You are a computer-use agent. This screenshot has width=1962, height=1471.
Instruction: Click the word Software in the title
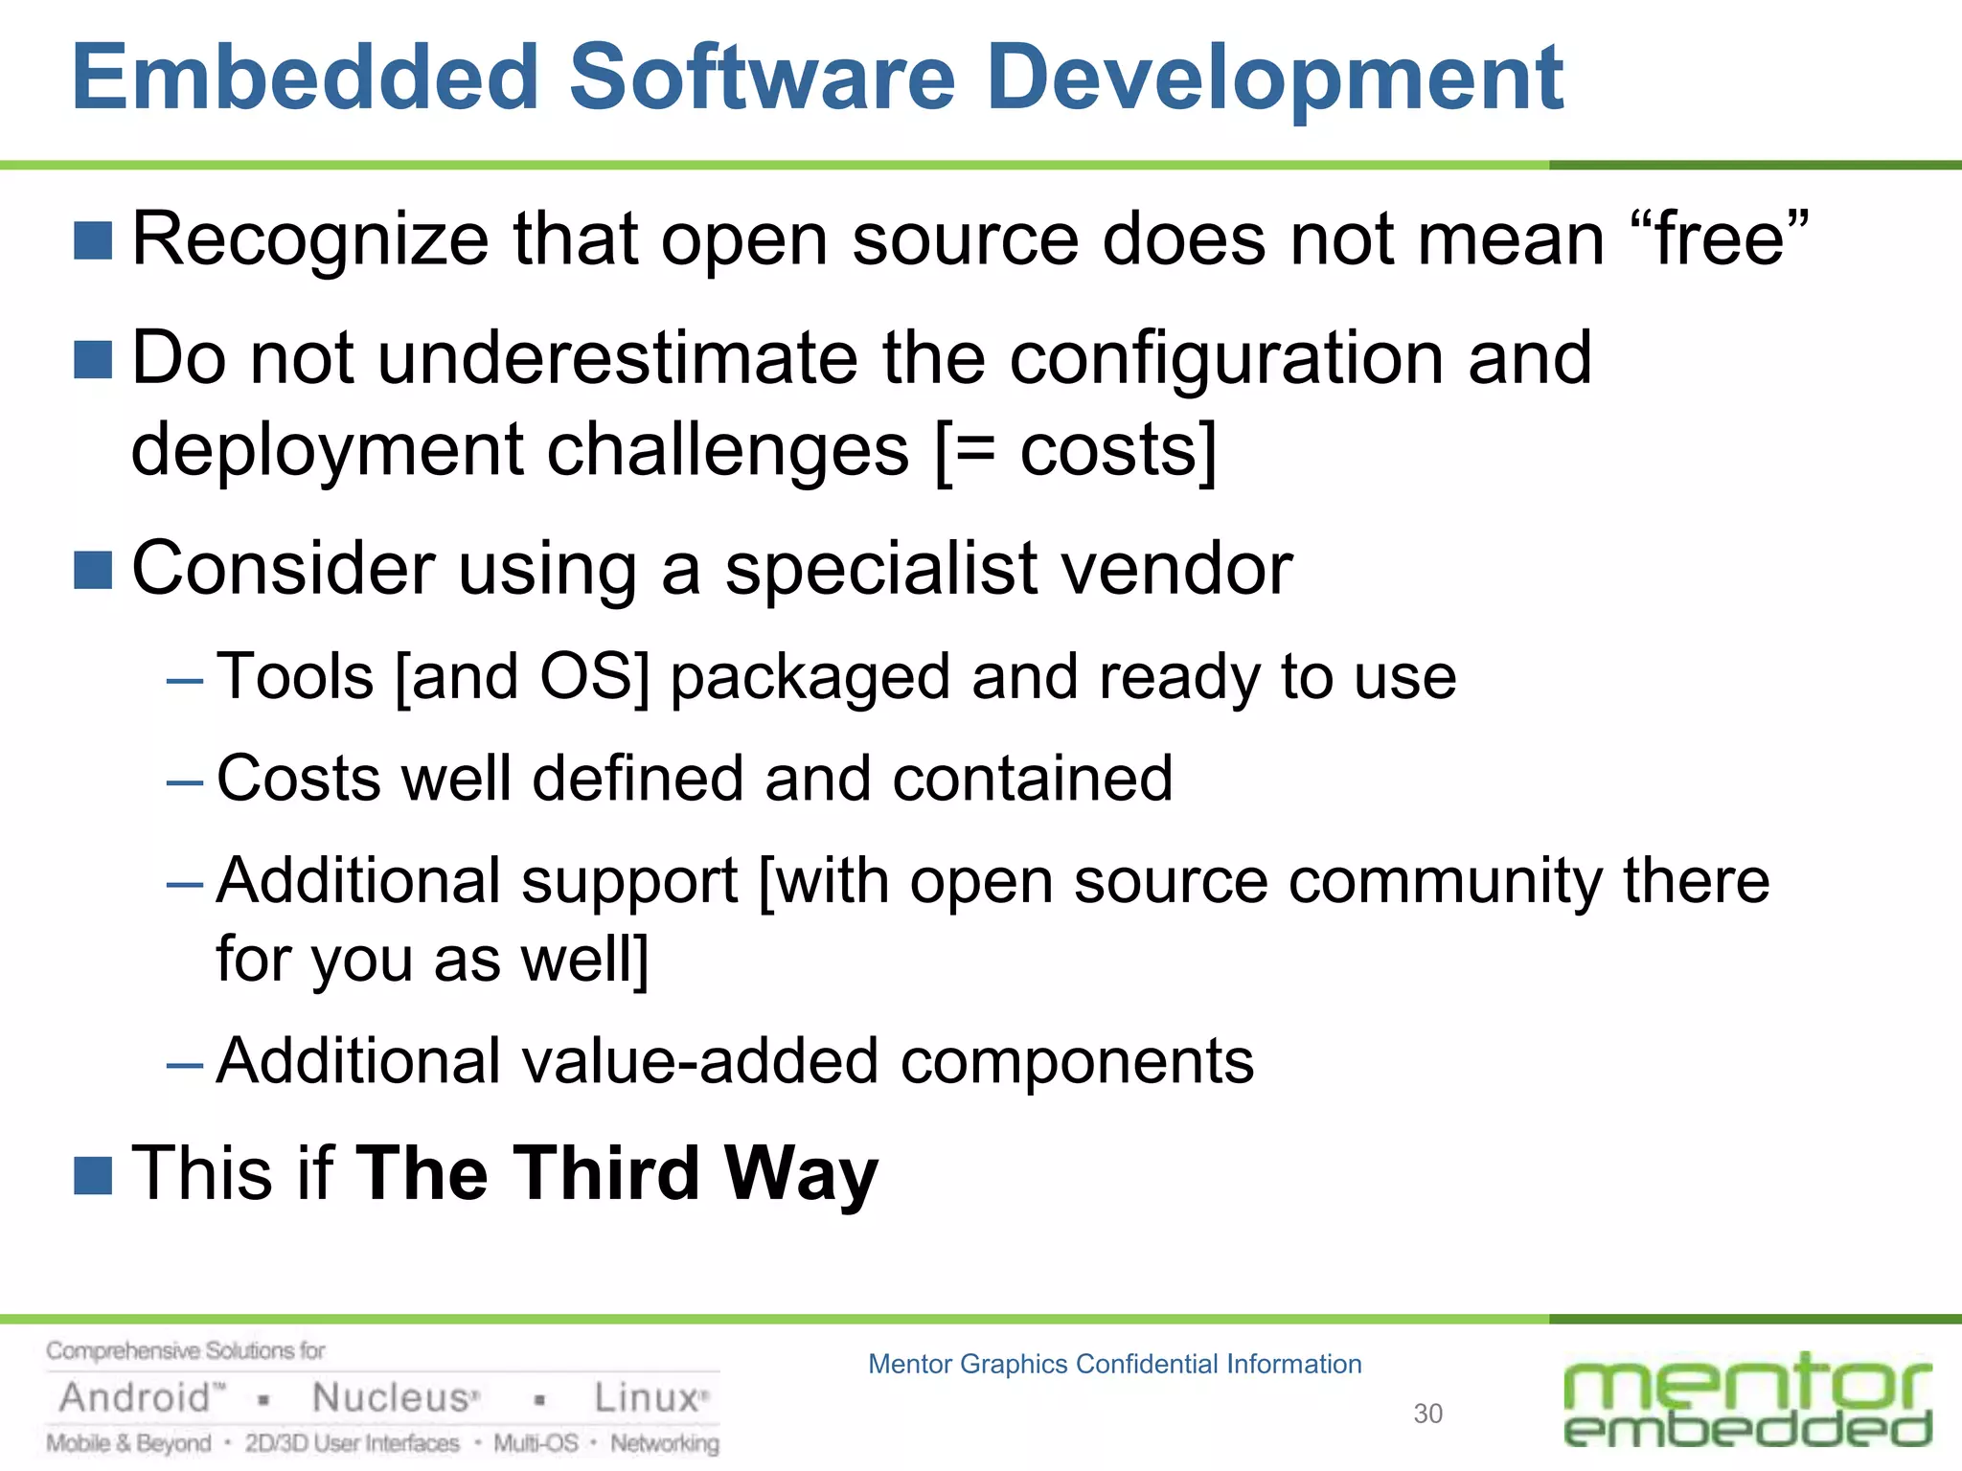[763, 79]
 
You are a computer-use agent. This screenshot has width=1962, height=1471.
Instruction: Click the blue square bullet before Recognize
[93, 240]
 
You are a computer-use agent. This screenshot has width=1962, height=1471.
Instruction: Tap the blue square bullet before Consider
[93, 570]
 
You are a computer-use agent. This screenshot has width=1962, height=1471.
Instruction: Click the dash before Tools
[184, 681]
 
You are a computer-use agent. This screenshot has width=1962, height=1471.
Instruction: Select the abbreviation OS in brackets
[585, 676]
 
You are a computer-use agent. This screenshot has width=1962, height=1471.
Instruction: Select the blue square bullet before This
[93, 1175]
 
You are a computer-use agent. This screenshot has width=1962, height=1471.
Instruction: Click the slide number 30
[1427, 1414]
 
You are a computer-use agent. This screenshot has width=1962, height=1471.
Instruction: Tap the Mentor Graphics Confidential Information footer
[1114, 1364]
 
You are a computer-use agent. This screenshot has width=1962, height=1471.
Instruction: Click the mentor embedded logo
[1747, 1400]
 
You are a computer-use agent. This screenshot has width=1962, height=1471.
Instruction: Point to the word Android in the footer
[136, 1398]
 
